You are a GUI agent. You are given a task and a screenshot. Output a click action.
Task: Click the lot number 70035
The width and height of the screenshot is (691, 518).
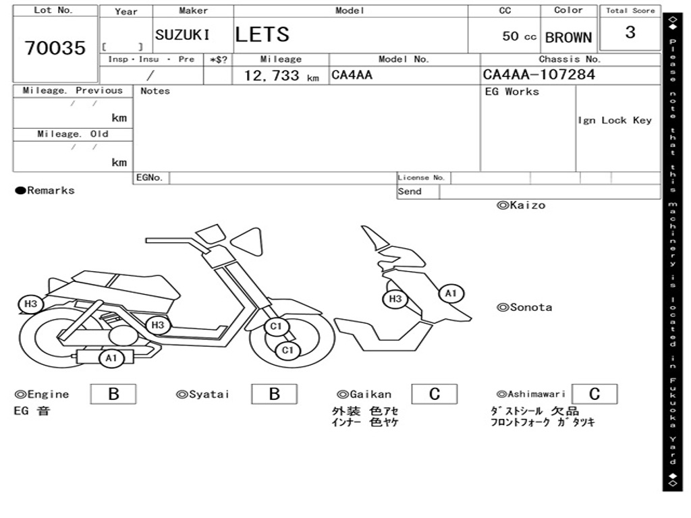click(x=55, y=48)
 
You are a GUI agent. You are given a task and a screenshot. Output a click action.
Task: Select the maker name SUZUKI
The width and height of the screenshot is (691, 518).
click(x=182, y=35)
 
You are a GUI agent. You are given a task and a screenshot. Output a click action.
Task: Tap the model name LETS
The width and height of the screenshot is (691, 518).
click(x=262, y=34)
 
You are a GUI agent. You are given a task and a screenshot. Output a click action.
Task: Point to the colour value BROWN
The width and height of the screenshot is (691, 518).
click(x=568, y=38)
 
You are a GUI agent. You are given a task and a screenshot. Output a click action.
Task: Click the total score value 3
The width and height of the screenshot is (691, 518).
click(x=630, y=32)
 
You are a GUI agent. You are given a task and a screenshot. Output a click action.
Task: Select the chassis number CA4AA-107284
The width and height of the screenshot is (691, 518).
click(x=539, y=75)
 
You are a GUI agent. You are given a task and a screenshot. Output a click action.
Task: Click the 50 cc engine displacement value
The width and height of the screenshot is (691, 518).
click(x=519, y=36)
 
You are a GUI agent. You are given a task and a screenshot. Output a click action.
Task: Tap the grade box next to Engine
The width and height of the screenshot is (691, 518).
click(x=113, y=394)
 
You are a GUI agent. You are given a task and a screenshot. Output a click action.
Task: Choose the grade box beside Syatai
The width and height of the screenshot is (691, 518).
click(x=274, y=394)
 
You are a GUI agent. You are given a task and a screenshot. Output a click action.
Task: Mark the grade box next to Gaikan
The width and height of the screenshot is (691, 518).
click(x=434, y=394)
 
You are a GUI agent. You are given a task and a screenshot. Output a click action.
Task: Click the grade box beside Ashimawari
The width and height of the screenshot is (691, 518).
click(x=594, y=394)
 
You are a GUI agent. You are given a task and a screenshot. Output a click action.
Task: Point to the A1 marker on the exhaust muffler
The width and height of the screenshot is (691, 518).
click(x=111, y=358)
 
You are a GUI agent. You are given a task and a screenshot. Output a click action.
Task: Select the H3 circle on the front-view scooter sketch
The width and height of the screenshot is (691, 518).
click(x=395, y=299)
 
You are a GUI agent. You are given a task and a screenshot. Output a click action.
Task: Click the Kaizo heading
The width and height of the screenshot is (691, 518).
click(x=521, y=205)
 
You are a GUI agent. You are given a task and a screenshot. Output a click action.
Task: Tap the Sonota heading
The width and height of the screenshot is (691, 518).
click(x=524, y=308)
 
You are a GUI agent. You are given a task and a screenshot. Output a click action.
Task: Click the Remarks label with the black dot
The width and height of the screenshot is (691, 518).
click(x=45, y=191)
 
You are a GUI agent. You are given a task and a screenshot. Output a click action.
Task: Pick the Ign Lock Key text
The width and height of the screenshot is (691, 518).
click(x=615, y=120)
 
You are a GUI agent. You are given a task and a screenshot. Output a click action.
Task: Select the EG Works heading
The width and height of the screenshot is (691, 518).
click(x=512, y=92)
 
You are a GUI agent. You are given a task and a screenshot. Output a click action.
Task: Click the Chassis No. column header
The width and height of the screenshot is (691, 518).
click(x=570, y=59)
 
